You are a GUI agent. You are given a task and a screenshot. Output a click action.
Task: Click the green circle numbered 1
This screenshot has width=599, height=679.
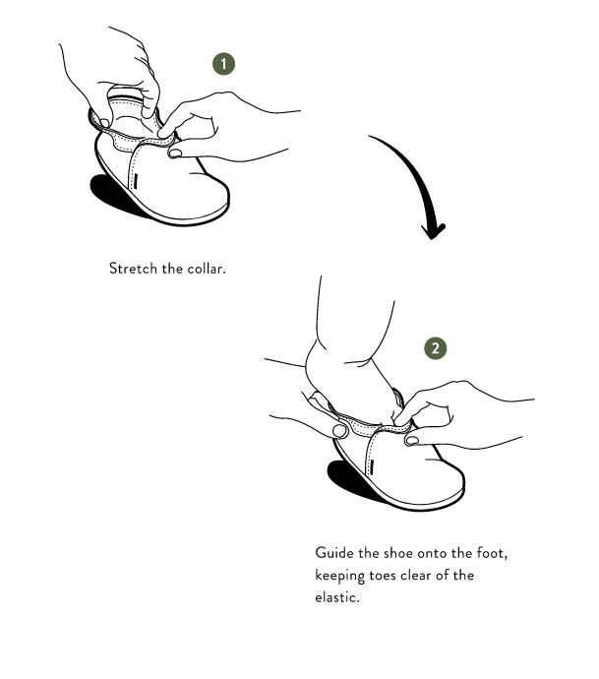pos(223,64)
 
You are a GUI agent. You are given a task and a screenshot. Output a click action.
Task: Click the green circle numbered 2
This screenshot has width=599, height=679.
pos(435,348)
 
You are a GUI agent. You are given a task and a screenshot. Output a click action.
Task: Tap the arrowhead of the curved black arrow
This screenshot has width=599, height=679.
pos(433,230)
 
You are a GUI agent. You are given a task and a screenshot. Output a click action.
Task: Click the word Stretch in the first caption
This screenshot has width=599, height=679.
pos(133,269)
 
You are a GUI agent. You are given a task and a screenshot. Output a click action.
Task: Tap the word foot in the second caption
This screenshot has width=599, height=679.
pos(492,553)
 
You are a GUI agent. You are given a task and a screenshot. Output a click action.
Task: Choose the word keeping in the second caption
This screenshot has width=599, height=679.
pos(339,576)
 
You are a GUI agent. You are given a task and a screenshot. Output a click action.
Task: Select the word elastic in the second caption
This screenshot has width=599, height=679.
pos(337,597)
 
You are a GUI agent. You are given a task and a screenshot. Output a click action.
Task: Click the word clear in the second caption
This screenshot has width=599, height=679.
pos(416,576)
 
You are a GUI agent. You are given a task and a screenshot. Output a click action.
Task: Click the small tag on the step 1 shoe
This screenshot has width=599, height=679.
pos(136,181)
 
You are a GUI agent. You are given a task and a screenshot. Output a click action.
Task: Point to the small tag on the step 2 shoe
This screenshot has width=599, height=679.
pos(372,467)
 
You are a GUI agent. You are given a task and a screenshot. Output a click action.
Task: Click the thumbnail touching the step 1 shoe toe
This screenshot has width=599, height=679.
pos(175,153)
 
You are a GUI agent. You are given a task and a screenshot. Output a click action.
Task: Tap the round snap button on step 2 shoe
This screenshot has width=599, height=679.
pos(340,431)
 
